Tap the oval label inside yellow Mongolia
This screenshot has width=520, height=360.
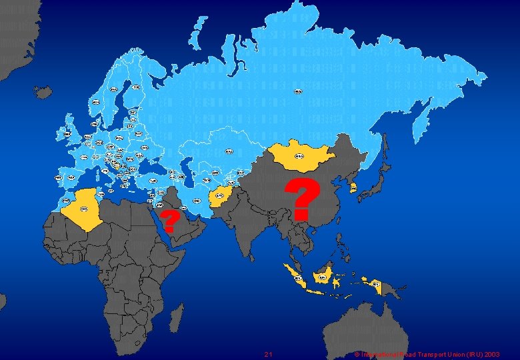tap(299, 156)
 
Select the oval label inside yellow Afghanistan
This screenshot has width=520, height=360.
tap(219, 196)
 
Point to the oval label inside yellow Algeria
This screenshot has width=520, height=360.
tap(84, 209)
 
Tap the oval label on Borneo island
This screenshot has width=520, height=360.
tap(323, 277)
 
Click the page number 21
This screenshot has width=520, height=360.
tap(268, 354)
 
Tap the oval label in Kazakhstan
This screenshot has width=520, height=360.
tap(229, 151)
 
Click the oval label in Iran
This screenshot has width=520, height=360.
tap(197, 201)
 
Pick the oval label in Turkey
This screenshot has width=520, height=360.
tap(153, 181)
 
